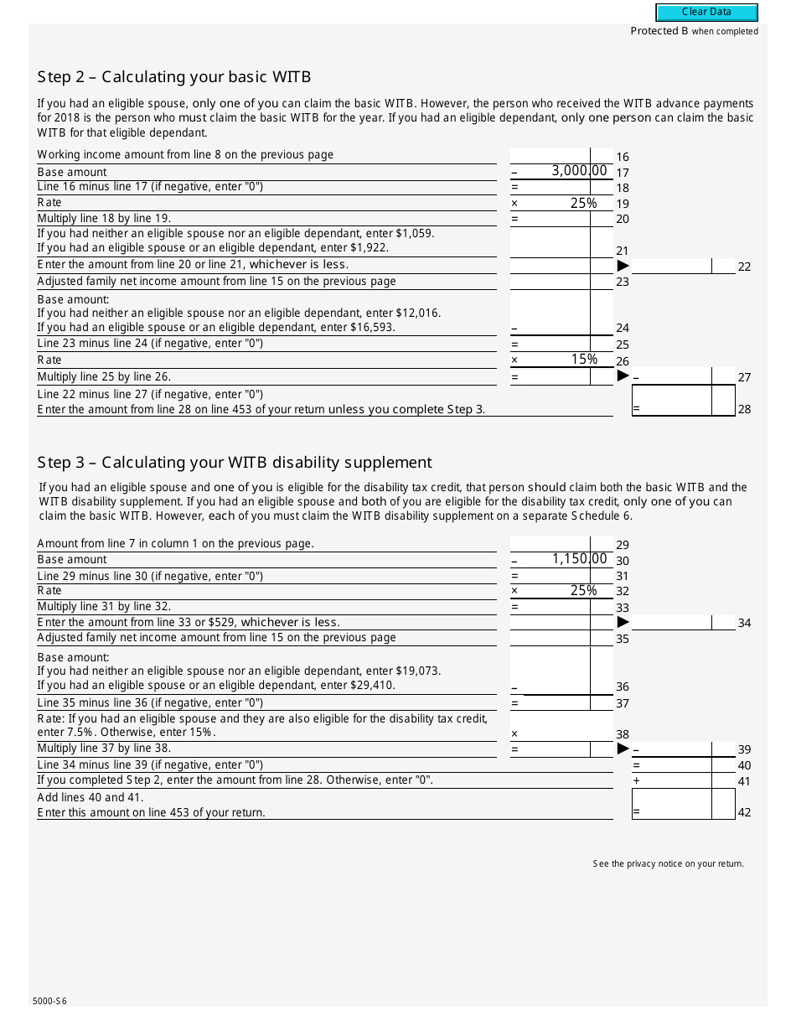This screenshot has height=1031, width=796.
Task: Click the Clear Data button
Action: coord(706,12)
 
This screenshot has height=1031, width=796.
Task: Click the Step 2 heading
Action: coord(174,77)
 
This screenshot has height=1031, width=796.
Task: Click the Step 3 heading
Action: coord(235,462)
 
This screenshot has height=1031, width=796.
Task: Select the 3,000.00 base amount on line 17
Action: coord(578,171)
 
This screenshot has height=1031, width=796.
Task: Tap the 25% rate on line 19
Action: coord(583,203)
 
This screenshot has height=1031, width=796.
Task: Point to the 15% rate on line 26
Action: coord(583,360)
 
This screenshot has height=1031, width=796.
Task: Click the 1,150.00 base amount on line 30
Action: coord(578,559)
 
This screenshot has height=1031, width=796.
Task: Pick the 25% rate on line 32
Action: coord(583,590)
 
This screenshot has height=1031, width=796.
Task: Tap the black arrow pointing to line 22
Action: coord(623,266)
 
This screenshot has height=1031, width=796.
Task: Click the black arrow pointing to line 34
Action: coord(623,622)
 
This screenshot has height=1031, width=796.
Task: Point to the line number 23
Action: coord(623,282)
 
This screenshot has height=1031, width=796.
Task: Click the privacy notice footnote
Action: coord(668,863)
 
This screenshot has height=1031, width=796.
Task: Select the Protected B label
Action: coord(694,31)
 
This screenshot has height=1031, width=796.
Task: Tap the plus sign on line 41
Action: coord(637,780)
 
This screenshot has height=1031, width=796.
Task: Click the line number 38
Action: coord(623,734)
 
